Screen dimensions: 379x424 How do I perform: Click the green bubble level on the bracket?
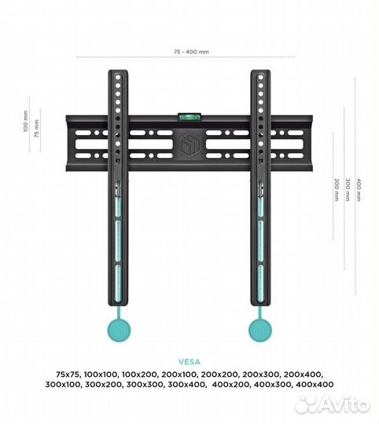[189, 117]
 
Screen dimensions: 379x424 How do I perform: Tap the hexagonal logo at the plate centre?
[189, 144]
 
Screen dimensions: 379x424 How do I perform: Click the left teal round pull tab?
[119, 330]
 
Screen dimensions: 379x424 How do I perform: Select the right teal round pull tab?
[260, 330]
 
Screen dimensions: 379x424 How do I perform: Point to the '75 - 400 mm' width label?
[191, 52]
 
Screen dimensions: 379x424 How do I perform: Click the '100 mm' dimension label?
[26, 121]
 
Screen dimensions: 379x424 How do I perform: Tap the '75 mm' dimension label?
[36, 129]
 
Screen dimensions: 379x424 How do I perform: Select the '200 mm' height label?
[337, 190]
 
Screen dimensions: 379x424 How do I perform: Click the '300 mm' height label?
[348, 190]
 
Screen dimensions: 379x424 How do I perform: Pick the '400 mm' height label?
[359, 190]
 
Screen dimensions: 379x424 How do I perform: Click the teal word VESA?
[189, 362]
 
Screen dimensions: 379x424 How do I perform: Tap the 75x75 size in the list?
[68, 375]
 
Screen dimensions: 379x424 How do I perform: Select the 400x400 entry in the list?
[315, 385]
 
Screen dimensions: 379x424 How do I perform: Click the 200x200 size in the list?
[220, 375]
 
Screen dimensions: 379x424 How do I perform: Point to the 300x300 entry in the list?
[145, 385]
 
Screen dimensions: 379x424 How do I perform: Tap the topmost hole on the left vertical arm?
[118, 77]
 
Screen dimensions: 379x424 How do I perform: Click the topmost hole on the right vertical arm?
[261, 77]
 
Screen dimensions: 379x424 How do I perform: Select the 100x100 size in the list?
[101, 375]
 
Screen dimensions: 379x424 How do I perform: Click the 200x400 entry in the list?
[304, 375]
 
